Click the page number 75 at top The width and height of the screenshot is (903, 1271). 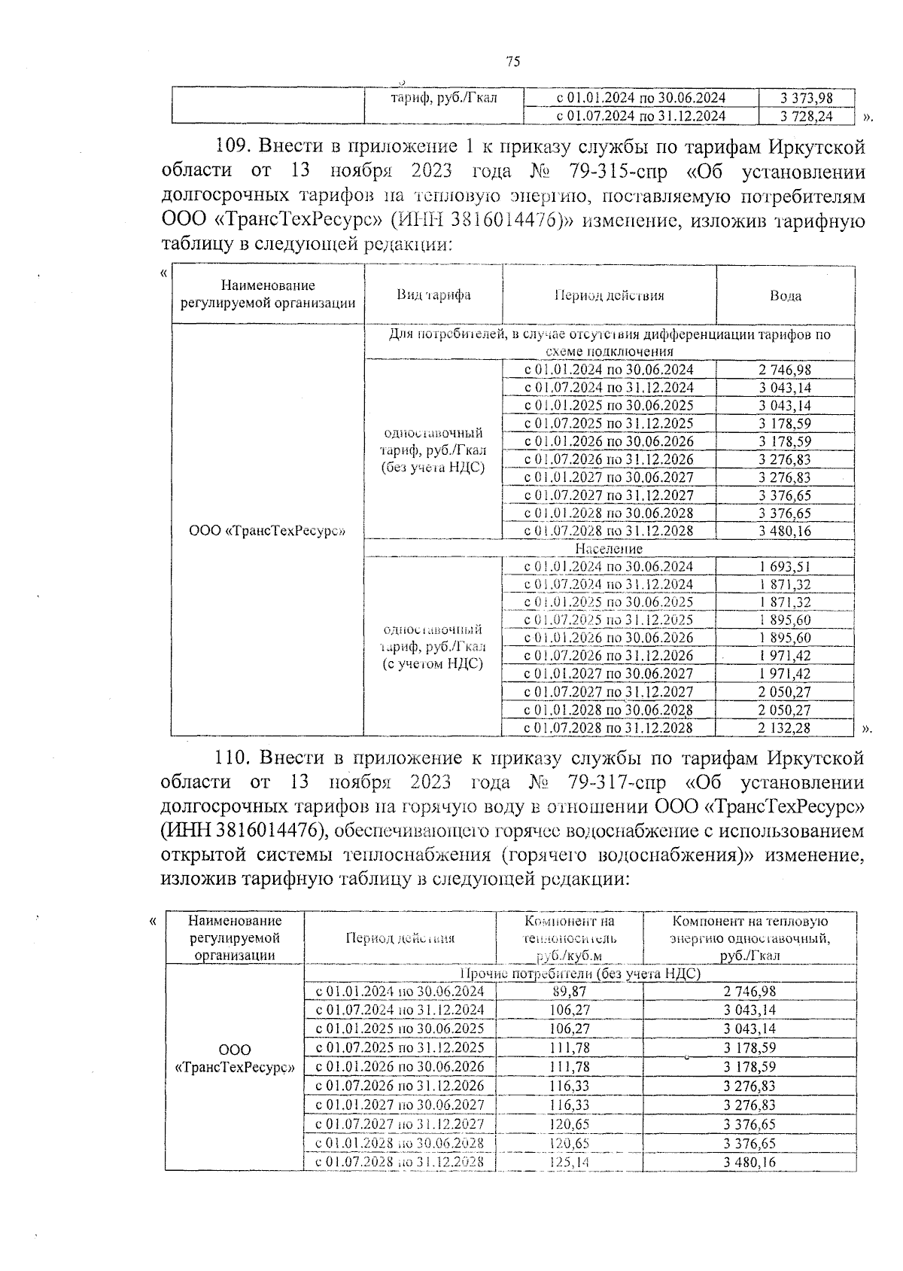(513, 62)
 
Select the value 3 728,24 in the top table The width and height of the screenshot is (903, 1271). (807, 116)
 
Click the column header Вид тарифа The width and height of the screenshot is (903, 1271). (433, 294)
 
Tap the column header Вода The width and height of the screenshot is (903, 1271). (785, 296)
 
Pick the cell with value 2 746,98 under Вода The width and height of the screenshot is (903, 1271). (785, 370)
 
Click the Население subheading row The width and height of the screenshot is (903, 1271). (609, 549)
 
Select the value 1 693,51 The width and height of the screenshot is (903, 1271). (785, 566)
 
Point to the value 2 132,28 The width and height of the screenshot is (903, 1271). (785, 727)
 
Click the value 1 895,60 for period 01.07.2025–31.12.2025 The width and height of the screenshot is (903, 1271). (785, 620)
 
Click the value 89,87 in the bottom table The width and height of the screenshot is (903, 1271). (569, 992)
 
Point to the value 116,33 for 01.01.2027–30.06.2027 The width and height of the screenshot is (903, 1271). (569, 1105)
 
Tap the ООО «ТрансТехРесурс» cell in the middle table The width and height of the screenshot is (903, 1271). (267, 530)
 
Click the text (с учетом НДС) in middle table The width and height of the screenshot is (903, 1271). (432, 664)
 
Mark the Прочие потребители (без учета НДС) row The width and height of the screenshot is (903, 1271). (579, 974)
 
